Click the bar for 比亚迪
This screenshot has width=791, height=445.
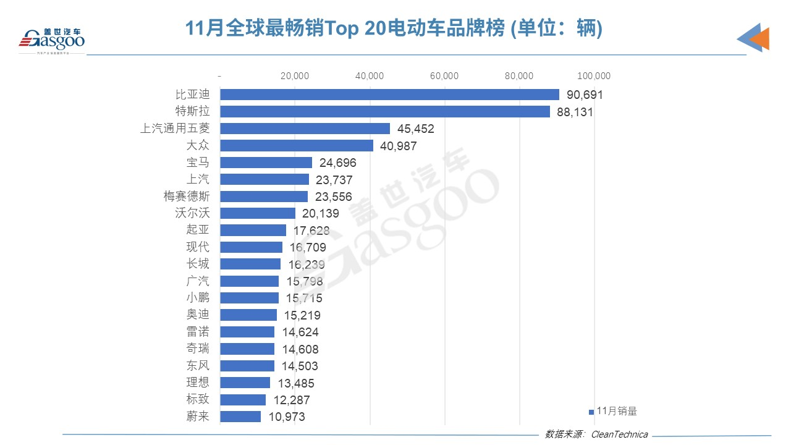[x=389, y=95]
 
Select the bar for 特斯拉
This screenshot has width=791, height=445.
[x=384, y=112]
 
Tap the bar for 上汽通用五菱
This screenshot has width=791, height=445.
[x=305, y=129]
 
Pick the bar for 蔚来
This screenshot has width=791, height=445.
[x=240, y=417]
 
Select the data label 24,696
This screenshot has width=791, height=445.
[x=337, y=163]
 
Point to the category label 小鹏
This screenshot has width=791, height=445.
[x=198, y=298]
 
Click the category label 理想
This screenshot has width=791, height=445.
[x=198, y=383]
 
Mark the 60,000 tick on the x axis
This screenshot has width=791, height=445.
[x=444, y=76]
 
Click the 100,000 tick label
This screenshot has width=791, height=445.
[x=593, y=76]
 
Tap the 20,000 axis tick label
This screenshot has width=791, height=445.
[x=295, y=76]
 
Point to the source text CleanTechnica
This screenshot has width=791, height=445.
[x=619, y=434]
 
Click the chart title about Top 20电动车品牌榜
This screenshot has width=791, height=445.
[x=394, y=28]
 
